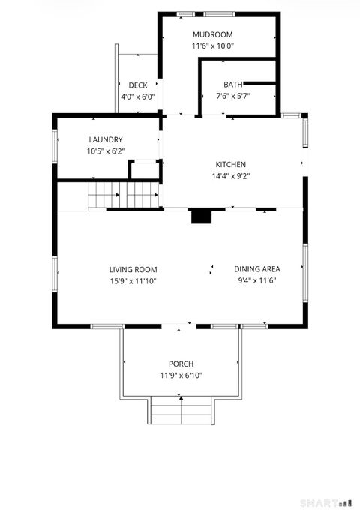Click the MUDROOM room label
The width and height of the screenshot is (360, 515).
(x=212, y=34)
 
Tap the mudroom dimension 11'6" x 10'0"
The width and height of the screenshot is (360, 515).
(x=212, y=46)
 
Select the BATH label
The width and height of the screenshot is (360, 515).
(x=232, y=84)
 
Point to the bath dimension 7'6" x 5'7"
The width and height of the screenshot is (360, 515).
(x=232, y=96)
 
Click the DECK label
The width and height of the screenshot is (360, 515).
(x=137, y=85)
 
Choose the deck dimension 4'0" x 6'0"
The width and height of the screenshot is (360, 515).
(x=137, y=97)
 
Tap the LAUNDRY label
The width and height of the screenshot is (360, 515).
(x=105, y=139)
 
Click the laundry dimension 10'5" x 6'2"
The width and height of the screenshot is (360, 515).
(x=105, y=151)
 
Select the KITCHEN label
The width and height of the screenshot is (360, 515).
(x=231, y=165)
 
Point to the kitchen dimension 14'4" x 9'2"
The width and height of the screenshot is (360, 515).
(x=231, y=177)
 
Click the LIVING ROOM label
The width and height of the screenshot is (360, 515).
(x=133, y=269)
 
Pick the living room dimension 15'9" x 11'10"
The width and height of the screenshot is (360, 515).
(x=133, y=281)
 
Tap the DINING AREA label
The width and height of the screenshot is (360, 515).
(x=257, y=269)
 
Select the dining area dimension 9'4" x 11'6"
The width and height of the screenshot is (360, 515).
(x=257, y=281)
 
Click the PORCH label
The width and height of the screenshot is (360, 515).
(x=181, y=364)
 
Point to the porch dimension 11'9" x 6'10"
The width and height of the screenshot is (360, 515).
(x=181, y=376)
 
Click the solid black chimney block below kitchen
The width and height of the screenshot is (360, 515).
(x=201, y=216)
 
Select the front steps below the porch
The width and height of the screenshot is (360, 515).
(x=181, y=411)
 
